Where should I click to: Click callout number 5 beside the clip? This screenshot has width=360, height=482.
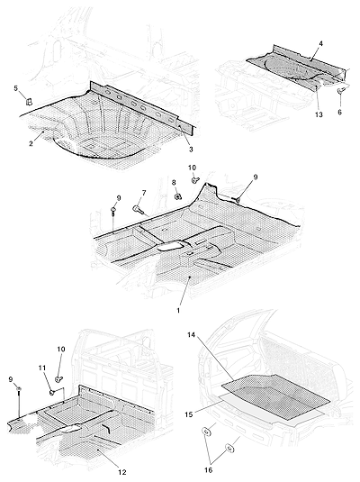(x=16, y=88)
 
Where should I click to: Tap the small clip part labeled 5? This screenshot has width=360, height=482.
(x=29, y=101)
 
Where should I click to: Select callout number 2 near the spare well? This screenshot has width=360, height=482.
(x=31, y=143)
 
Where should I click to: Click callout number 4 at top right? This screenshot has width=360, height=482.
(x=320, y=43)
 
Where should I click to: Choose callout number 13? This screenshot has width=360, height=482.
(x=319, y=114)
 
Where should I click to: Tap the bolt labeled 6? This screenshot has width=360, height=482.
(x=340, y=90)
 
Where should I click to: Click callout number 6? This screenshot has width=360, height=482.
(x=339, y=113)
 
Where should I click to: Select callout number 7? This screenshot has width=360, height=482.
(x=144, y=193)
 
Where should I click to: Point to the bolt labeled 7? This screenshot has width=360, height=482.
(x=137, y=209)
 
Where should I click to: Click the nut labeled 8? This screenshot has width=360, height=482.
(x=177, y=196)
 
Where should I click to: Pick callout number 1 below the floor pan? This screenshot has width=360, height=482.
(x=178, y=311)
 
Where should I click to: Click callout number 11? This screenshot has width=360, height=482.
(x=42, y=368)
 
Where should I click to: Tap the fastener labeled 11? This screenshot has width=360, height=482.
(x=52, y=392)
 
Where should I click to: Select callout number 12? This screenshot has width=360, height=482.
(x=121, y=472)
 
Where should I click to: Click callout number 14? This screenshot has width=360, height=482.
(x=191, y=335)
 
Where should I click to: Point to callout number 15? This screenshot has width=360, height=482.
(x=189, y=414)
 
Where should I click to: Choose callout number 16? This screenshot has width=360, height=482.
(x=208, y=470)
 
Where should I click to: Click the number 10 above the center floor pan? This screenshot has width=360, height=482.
(x=192, y=168)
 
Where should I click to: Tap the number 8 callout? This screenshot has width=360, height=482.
(x=174, y=183)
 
